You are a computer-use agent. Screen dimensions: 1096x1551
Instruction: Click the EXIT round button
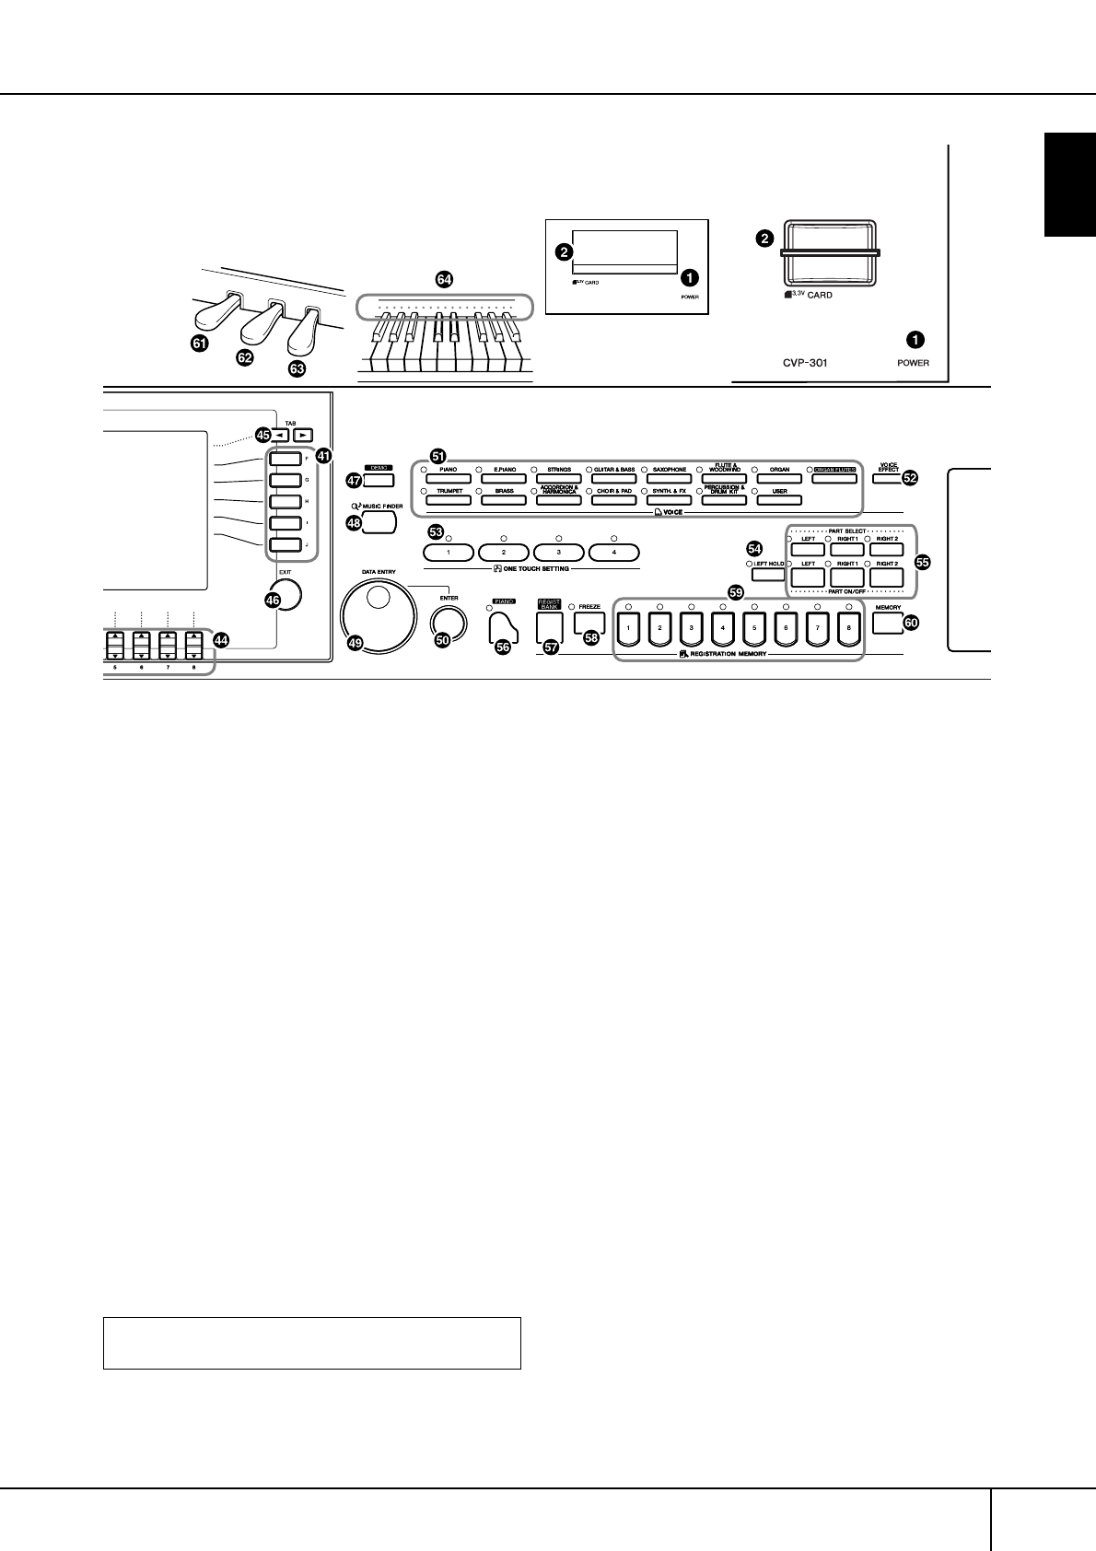[286, 595]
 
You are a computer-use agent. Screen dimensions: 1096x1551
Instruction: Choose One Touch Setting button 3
[559, 553]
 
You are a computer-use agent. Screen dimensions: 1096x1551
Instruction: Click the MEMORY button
[883, 624]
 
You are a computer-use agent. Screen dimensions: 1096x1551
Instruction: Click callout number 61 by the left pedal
[199, 344]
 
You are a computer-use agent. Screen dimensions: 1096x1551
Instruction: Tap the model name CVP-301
[801, 363]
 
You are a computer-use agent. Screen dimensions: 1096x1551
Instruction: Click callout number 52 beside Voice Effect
[910, 477]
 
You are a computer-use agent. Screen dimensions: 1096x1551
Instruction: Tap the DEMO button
[379, 479]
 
